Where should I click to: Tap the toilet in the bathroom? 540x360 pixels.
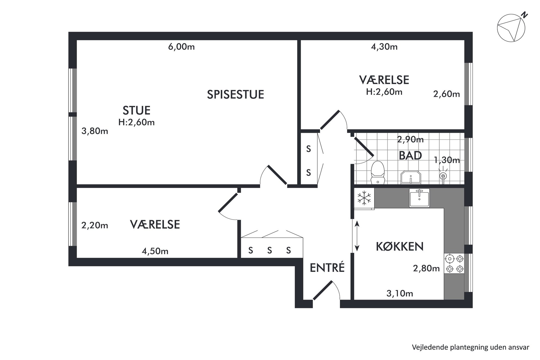[378, 173]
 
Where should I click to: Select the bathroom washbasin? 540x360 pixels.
[411, 177]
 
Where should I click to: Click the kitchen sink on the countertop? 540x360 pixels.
[419, 198]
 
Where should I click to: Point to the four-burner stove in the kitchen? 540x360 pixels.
[454, 263]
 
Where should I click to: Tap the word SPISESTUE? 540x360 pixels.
[235, 94]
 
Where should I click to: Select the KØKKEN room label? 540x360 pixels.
[400, 247]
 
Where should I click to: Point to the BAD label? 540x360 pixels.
[410, 156]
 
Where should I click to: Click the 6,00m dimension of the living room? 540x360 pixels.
[181, 47]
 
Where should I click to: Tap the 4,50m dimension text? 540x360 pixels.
[155, 251]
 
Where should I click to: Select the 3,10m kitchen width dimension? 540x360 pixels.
[400, 293]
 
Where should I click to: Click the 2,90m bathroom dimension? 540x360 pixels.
[410, 140]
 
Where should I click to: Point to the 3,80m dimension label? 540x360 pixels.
[95, 131]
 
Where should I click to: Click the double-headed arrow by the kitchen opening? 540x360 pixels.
[357, 236]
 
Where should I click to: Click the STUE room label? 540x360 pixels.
[136, 110]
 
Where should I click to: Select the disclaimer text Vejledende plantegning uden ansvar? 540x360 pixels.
[471, 347]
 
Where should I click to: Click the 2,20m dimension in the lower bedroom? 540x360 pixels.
[95, 225]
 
